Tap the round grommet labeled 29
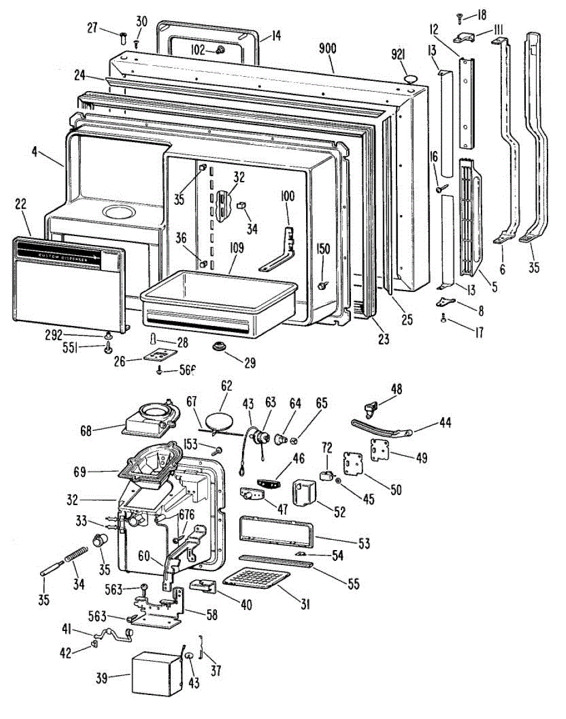click(x=218, y=347)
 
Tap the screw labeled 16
click(x=444, y=189)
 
